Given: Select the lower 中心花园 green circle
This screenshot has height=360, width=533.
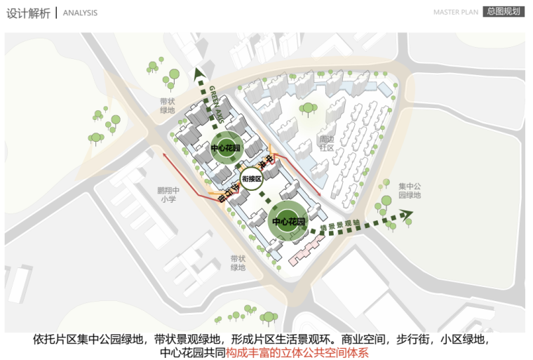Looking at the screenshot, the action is [289, 221].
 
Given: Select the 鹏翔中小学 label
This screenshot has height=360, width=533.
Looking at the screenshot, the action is [168, 194].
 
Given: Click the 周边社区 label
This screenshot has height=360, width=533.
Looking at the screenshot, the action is [327, 144].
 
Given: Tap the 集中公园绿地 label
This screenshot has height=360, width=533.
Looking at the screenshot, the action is [410, 190].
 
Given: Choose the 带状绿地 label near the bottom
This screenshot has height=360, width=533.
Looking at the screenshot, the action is [238, 262].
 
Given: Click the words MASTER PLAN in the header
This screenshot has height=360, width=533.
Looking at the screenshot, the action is [456, 13].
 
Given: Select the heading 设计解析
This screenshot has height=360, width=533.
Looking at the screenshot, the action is [28, 13].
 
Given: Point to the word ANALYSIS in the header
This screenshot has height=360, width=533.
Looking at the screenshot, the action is [80, 13].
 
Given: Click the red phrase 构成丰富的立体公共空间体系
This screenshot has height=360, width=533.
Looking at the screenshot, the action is [297, 352].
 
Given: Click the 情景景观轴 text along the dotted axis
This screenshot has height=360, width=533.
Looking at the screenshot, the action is [340, 226].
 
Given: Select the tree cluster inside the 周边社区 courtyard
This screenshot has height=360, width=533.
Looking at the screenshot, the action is [307, 109].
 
